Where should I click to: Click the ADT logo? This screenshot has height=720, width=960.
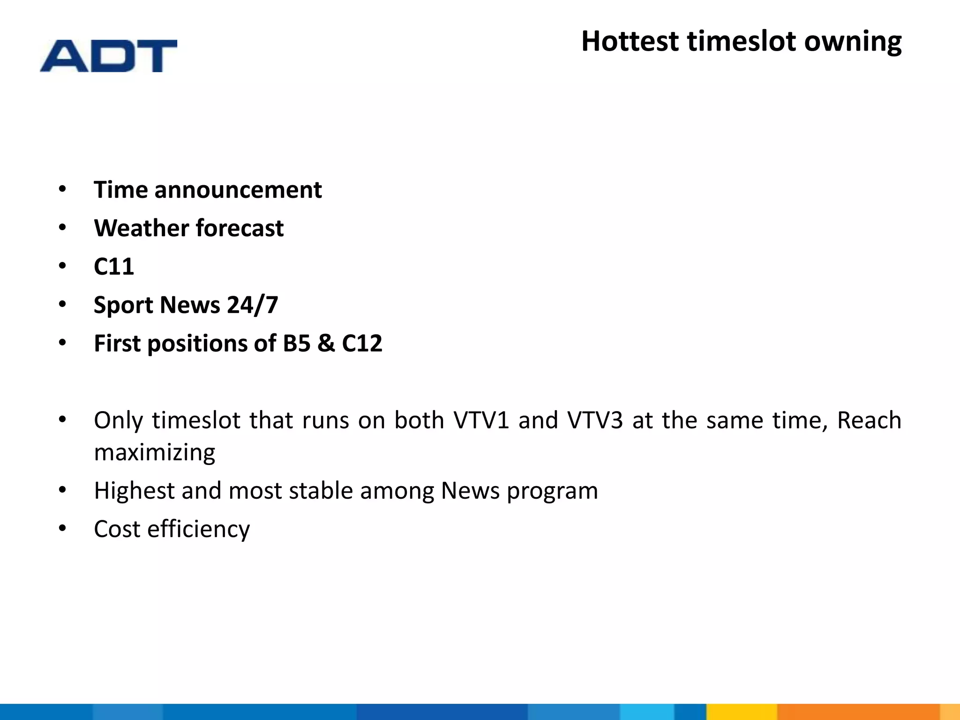coord(108,56)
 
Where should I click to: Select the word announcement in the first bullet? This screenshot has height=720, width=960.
coord(238,190)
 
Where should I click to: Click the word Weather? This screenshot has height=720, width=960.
coord(141,228)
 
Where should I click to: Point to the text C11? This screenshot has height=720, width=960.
coord(114,267)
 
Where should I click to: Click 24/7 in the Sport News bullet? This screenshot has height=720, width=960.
coord(253,305)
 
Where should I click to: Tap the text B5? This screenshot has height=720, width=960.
coord(296,344)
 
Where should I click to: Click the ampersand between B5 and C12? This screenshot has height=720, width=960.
coord(326,344)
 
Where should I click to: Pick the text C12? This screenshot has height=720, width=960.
coord(362,344)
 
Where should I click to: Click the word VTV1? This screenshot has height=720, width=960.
coord(481,420)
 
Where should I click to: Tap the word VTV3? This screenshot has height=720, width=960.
coord(595,420)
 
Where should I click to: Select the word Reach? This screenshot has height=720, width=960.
coord(869,420)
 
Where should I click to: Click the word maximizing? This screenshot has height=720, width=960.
coord(155,453)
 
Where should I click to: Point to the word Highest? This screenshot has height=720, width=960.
coord(134,491)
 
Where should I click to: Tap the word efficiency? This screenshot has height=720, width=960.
coord(198,530)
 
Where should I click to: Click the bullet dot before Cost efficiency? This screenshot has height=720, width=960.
coord(63,529)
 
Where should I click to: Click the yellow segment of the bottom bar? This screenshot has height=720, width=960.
coord(741,712)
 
